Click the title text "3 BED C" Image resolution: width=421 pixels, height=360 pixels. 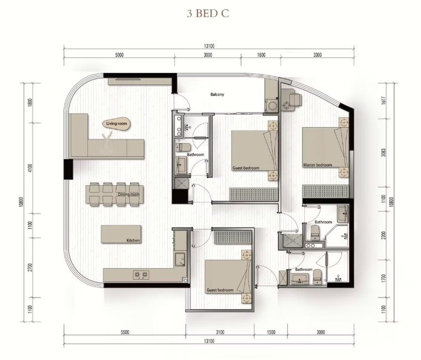point(208,14)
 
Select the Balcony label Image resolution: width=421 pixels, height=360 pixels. point(217,95)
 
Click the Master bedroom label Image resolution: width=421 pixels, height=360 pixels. point(318,165)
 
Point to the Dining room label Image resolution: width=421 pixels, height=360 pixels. point(129,194)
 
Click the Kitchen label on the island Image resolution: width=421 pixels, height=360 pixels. point(133,240)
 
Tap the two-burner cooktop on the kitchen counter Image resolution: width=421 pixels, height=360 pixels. point(141,275)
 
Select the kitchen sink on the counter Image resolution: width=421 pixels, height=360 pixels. point(180,259)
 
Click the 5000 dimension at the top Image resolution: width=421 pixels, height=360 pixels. point(119,55)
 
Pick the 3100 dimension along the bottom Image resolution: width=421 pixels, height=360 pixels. point(220,332)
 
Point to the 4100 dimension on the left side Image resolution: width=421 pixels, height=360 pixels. point(30,168)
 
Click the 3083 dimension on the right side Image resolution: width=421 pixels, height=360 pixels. point(384,153)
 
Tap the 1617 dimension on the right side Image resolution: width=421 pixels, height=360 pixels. point(384,101)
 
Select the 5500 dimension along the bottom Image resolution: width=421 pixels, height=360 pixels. point(124,332)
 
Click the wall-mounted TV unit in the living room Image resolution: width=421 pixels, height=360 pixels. point(127,81)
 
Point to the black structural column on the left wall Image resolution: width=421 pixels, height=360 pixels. point(68,169)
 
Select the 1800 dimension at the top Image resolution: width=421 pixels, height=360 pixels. point(261,55)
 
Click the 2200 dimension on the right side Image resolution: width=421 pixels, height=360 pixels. point(384,236)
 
